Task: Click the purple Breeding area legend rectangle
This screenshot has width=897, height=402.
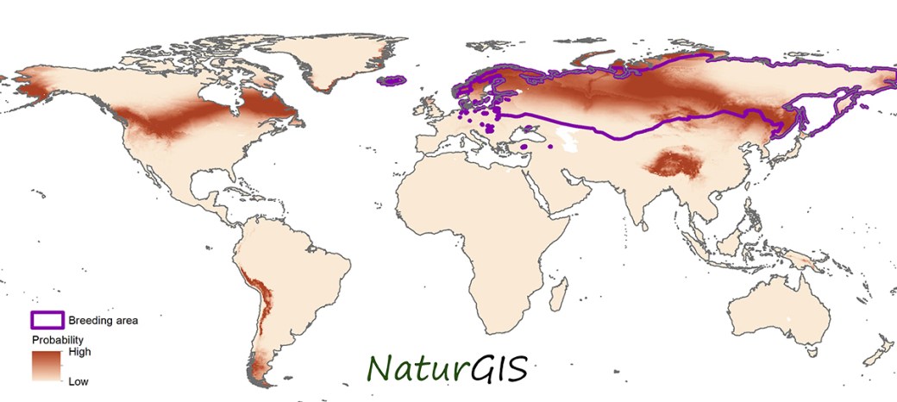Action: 47,320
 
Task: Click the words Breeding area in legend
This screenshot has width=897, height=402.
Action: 103,320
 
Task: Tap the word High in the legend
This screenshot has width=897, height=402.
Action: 79,352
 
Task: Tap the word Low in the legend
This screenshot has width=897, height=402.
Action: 78,380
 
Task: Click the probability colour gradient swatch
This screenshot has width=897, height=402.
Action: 48,366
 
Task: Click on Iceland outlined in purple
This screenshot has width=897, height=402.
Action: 393,81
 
